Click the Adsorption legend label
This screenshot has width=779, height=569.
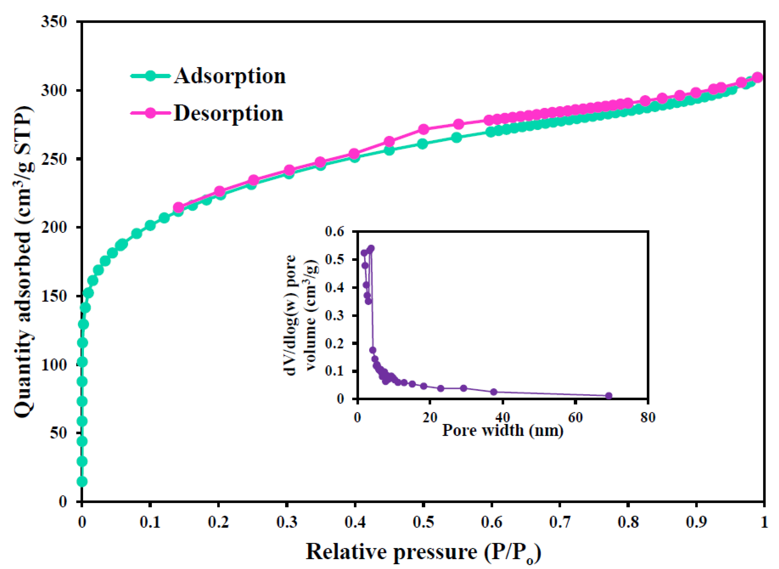230,76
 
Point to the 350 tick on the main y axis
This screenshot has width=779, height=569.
54,22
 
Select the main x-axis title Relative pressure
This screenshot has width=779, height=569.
423,552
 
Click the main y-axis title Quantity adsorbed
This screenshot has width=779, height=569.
24,262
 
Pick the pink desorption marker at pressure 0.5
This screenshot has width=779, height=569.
423,130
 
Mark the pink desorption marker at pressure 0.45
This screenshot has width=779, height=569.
389,142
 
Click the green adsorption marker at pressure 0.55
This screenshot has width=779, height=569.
456,138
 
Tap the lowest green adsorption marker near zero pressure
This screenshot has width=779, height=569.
82,481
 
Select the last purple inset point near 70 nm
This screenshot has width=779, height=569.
609,396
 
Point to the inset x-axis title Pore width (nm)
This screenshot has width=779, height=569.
503,430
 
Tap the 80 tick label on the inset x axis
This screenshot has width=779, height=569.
648,417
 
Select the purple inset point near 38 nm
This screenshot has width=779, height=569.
494,392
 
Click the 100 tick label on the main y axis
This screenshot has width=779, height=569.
54,365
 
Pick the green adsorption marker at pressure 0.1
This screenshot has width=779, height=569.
150,226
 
